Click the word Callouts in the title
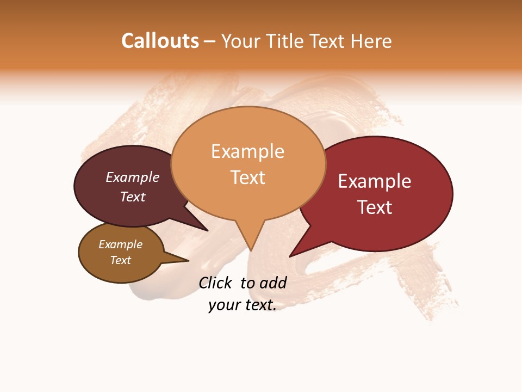coord(160,41)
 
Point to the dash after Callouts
coord(209,42)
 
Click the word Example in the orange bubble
coord(247,151)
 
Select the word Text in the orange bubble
coord(248,177)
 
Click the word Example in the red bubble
coord(375,181)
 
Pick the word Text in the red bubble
coord(375,207)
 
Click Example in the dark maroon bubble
coord(133,177)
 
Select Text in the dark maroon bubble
coord(133,197)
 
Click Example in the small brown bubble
coord(121,244)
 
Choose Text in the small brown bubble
coord(121,260)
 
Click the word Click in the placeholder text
coord(215,283)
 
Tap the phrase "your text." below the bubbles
coord(243,305)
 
